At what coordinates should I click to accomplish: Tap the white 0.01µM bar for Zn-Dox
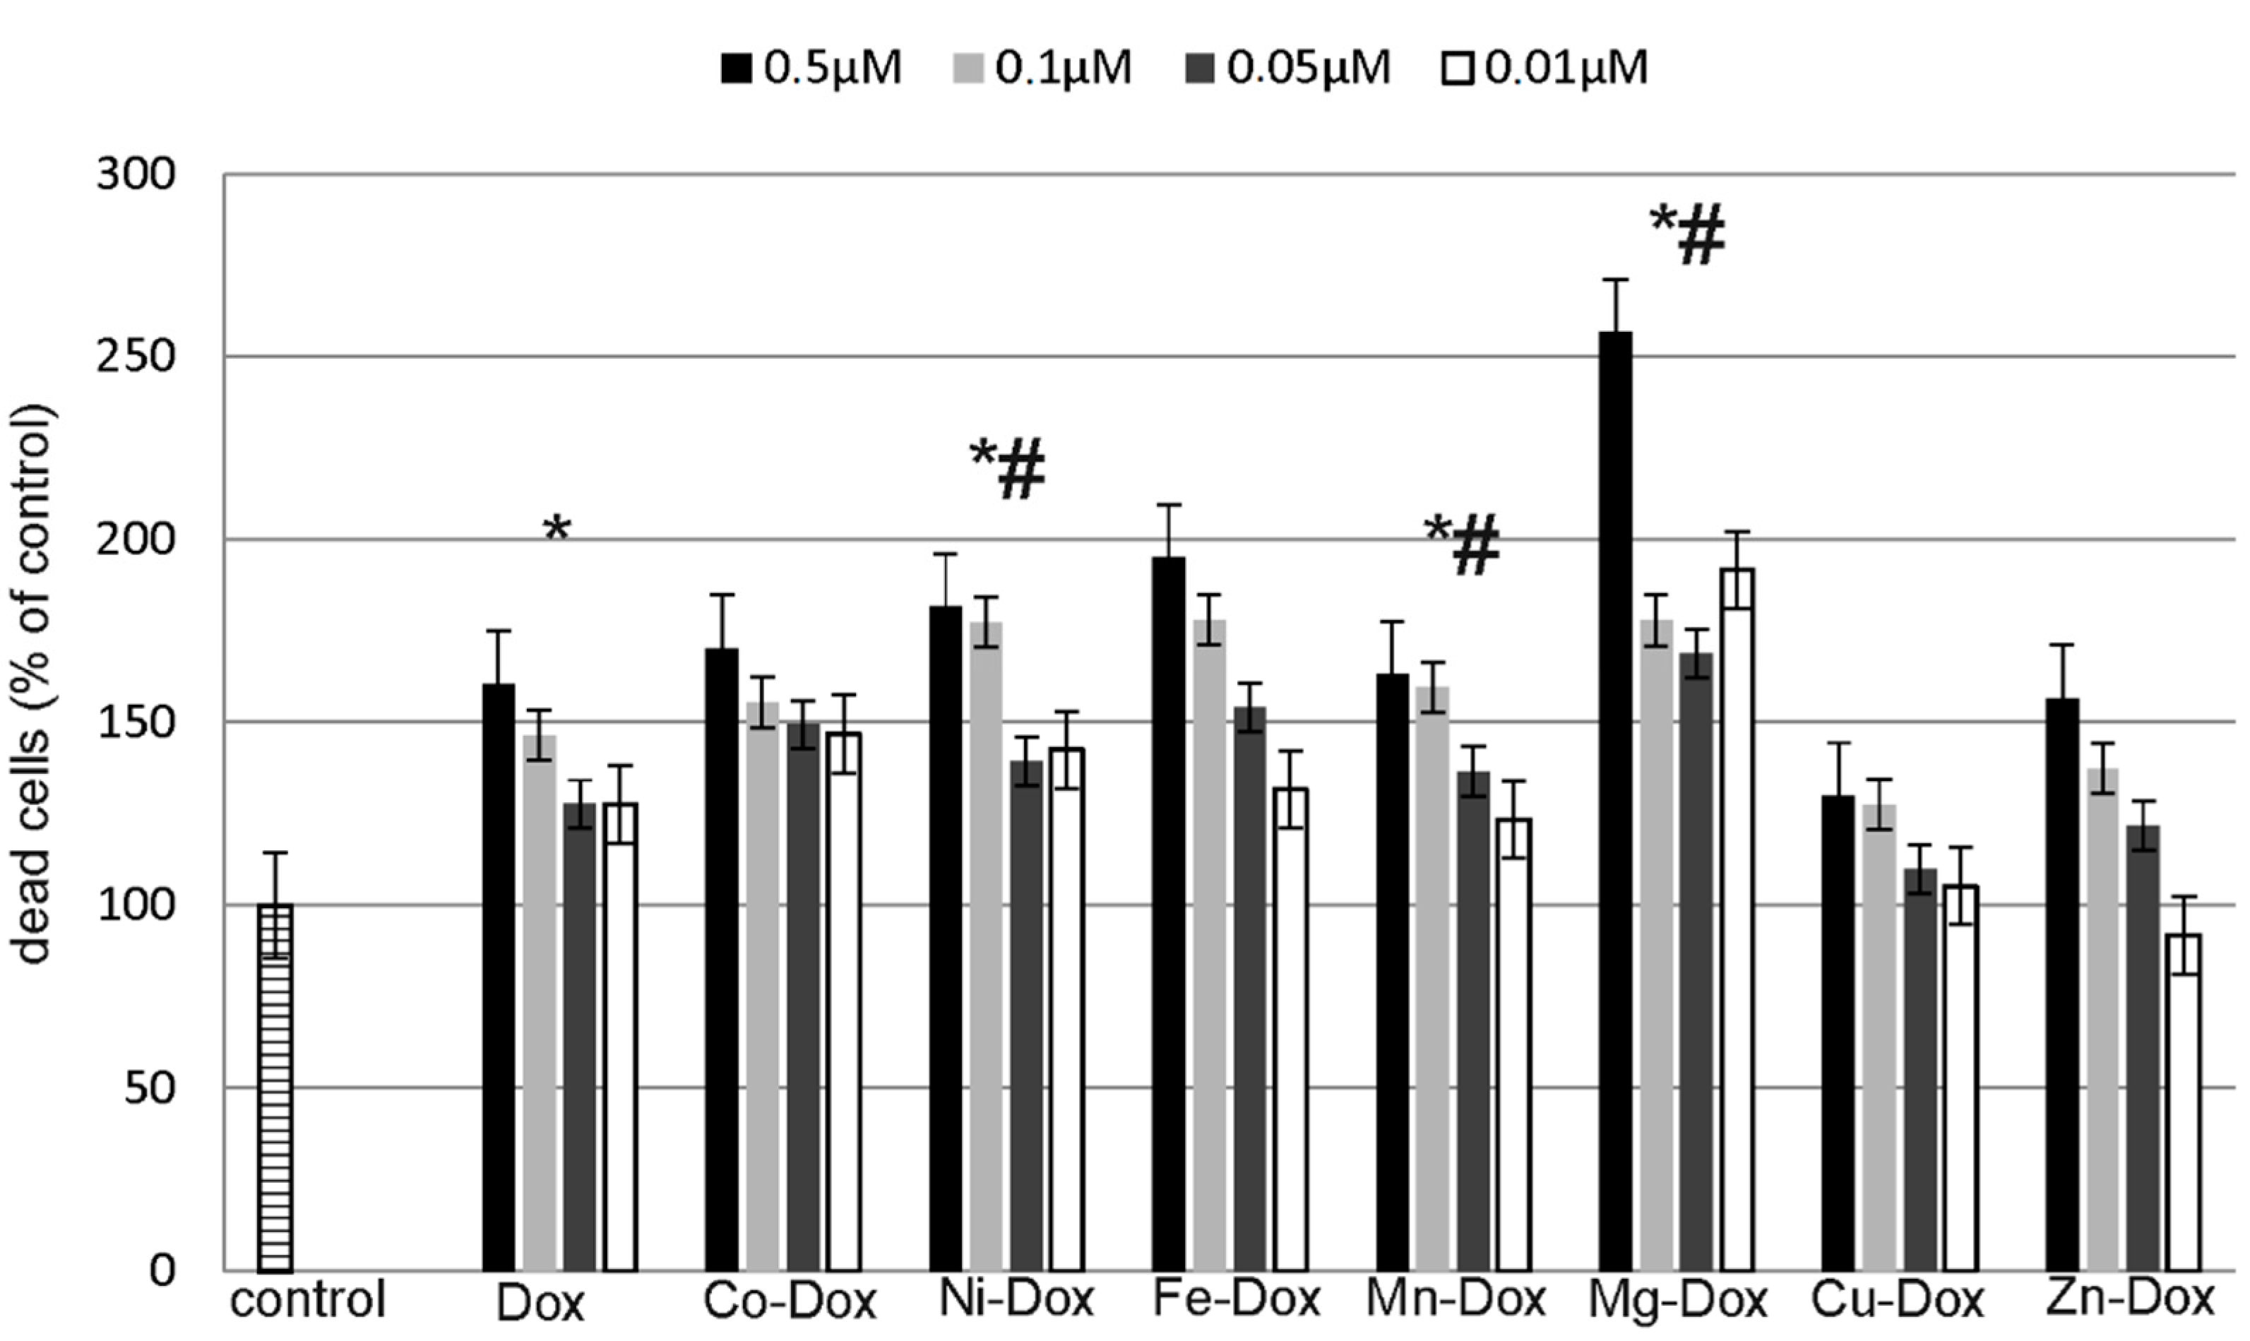pos(2184,1102)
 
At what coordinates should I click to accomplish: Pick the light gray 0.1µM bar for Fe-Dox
pos(1210,944)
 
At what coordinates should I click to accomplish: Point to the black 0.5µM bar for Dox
pos(499,977)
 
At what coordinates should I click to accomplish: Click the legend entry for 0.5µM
pos(811,68)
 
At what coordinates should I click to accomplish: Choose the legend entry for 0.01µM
pos(1543,68)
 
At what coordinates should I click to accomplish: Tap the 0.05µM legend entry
pos(1287,68)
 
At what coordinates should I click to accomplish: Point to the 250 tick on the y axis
pos(136,357)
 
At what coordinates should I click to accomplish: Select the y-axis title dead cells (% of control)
pos(35,684)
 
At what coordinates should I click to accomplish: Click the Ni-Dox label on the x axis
pos(1016,1299)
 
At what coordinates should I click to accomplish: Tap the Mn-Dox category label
pos(1456,1299)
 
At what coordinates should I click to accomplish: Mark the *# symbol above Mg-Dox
pos(1686,235)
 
